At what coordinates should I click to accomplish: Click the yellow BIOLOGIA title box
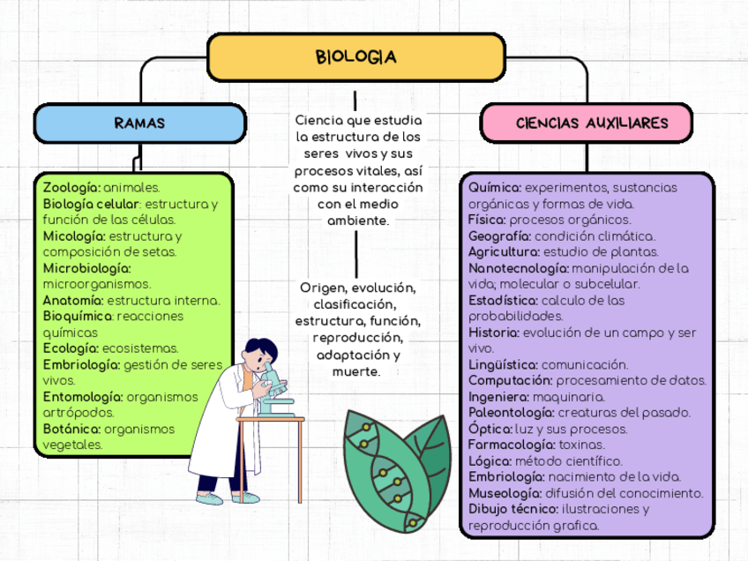(x=356, y=57)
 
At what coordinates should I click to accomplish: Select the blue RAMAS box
(x=139, y=123)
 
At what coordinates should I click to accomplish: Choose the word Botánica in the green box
(x=71, y=429)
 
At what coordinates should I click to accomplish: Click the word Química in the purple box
(x=495, y=188)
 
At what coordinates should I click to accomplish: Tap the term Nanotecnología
(x=518, y=268)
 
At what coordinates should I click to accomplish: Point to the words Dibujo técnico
(x=512, y=509)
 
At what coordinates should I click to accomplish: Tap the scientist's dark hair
(x=262, y=348)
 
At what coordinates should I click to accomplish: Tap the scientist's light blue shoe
(x=210, y=498)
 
